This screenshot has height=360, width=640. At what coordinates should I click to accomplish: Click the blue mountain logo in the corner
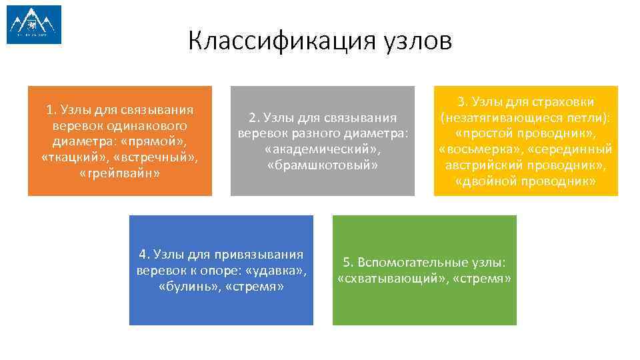click(34, 25)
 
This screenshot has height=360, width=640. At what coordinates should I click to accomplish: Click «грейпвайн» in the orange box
click(120, 173)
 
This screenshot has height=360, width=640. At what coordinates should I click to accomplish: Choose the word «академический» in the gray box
click(322, 149)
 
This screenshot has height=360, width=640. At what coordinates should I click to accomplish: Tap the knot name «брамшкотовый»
click(322, 165)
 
